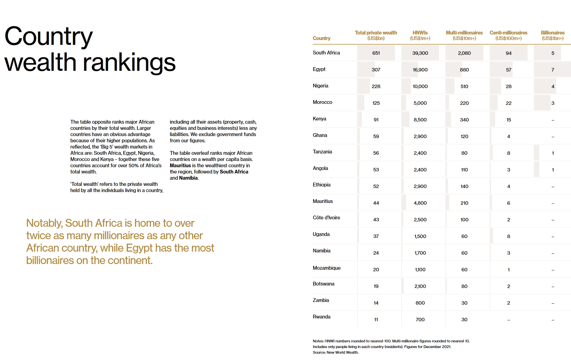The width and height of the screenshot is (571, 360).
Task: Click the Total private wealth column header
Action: coord(376,35)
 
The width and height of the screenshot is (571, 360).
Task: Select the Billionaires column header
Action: coord(553,35)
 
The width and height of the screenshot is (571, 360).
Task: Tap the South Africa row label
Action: coord(326,53)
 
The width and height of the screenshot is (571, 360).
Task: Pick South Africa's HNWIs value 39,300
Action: coord(420,53)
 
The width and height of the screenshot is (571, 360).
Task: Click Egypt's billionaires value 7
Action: coord(553,70)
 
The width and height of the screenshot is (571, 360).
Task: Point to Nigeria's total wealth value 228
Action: coord(376,86)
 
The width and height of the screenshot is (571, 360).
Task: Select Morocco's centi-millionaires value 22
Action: coord(508,103)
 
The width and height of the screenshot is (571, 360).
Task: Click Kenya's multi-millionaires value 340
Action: coord(464,120)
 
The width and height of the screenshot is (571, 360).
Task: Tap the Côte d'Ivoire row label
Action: coord(326,218)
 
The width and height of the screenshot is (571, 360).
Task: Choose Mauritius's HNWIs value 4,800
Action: coord(420,203)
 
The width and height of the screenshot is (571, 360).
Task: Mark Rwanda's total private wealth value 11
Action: coord(376,320)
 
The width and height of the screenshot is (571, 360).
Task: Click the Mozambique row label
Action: coord(326,268)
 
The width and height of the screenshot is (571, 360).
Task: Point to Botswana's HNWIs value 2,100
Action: coord(420,286)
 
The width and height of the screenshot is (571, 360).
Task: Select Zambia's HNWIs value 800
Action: coord(420,303)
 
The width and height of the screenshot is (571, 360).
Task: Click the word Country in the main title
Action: coord(49,37)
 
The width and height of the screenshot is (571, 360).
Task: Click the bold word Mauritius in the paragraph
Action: coord(180,166)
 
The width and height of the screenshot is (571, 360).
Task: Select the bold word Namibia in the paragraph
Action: coord(188,178)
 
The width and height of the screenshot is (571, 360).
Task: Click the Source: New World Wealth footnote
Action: coord(335,352)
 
